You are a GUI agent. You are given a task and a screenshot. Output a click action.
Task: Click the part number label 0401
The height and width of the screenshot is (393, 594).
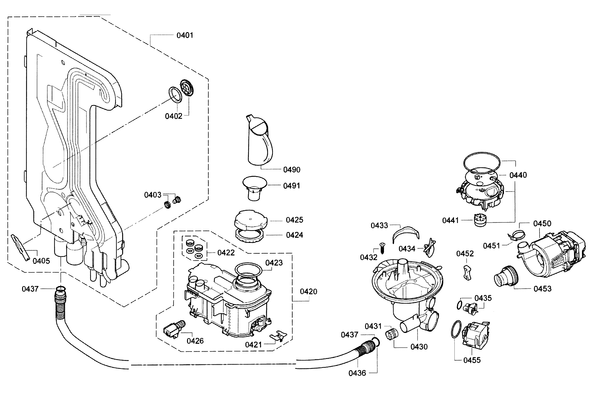pos(185,35)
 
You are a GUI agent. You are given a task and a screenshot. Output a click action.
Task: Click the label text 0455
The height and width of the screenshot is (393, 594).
pos(472,360)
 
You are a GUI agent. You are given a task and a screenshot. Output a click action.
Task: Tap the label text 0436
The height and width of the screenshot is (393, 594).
pos(357,373)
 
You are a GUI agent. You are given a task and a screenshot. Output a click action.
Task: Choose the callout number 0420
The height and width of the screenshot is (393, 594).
pos(308,292)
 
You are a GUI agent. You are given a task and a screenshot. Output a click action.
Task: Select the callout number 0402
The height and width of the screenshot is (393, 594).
pos(174,116)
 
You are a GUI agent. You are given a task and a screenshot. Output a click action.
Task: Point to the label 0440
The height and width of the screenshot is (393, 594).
pos(518,175)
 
